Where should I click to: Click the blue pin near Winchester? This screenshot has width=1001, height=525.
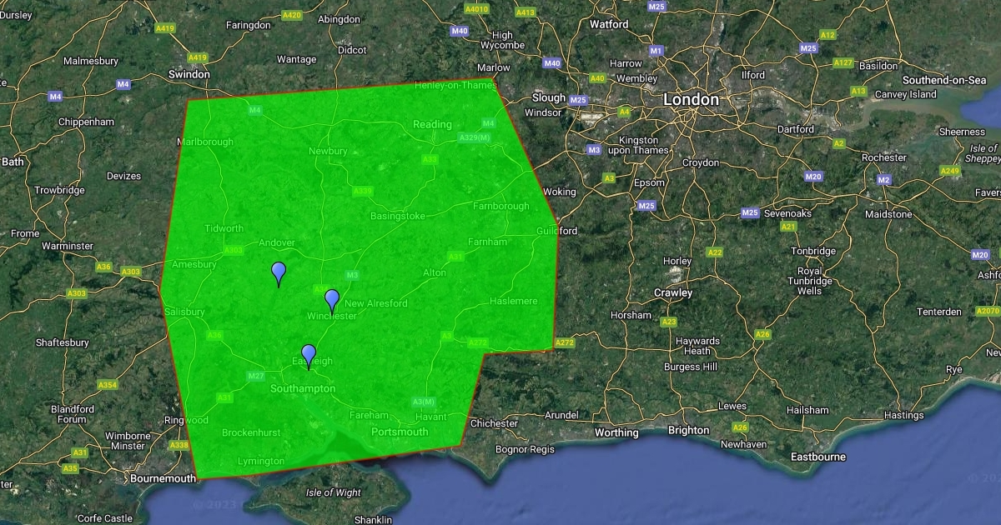[x=332, y=300]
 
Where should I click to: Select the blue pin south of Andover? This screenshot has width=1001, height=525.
[x=279, y=272]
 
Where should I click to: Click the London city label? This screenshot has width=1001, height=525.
[x=691, y=100]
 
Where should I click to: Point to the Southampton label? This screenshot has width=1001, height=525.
[x=303, y=388]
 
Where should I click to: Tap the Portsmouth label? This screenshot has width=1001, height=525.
[x=400, y=432]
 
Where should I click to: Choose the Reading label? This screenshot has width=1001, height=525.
[x=432, y=125]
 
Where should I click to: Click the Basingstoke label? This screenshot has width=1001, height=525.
[x=398, y=216]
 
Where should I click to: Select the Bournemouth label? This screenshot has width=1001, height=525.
[x=163, y=478]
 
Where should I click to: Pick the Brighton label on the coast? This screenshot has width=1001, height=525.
[x=689, y=431]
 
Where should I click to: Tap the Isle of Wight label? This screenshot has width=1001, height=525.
[x=334, y=492]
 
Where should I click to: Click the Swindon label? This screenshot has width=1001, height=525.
[x=189, y=74]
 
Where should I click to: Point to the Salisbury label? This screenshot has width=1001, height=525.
[x=184, y=312]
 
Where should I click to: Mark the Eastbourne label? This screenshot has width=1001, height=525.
[x=817, y=457]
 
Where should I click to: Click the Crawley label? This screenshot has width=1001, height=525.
[x=673, y=292]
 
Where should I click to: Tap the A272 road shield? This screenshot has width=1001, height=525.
[x=565, y=342]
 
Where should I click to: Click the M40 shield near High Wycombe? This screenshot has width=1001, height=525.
[x=460, y=31]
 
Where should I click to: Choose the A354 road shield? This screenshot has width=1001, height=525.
[x=108, y=385]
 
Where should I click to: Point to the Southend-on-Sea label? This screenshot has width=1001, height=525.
[x=944, y=80]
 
